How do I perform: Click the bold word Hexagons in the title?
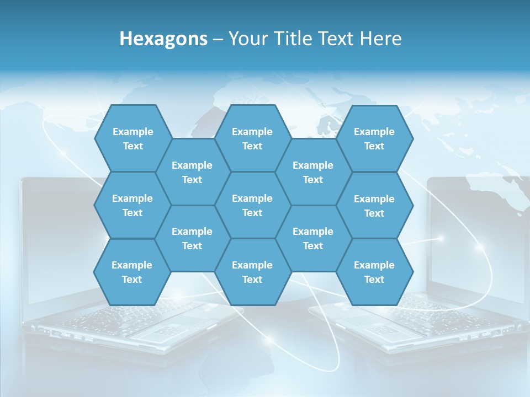(x=163, y=39)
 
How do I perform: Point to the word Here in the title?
(x=380, y=39)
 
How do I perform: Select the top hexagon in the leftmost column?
(x=132, y=138)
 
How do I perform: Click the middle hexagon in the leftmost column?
(x=132, y=205)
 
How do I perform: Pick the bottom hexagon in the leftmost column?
(x=132, y=272)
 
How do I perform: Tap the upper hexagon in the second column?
(x=192, y=172)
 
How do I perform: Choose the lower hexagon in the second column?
(x=192, y=238)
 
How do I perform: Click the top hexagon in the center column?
(x=252, y=138)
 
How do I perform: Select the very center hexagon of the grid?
(x=252, y=205)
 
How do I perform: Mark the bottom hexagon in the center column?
(x=252, y=272)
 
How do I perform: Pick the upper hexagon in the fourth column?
(x=313, y=172)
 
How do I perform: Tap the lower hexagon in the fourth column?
(x=313, y=238)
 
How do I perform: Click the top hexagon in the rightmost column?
(x=374, y=138)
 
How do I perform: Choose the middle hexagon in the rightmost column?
(x=374, y=206)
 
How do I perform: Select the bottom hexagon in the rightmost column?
(x=374, y=272)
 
